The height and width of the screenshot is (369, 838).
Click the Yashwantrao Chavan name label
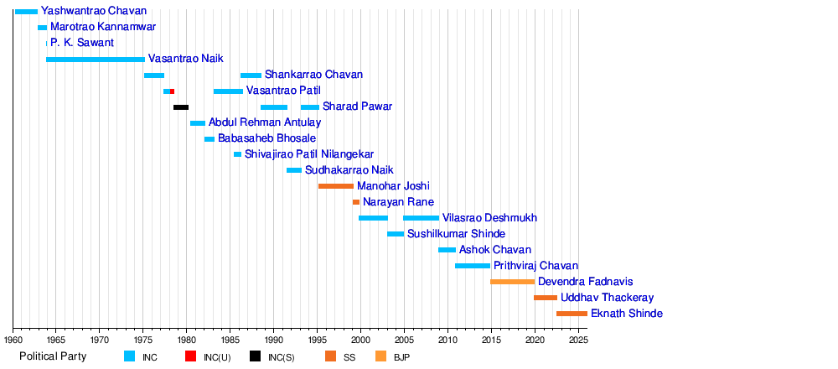(94, 12)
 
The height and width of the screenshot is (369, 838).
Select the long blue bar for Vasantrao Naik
(96, 60)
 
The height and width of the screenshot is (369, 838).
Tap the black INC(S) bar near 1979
(181, 107)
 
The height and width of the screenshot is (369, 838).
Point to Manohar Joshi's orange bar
(336, 186)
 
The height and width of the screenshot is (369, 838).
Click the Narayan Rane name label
(398, 202)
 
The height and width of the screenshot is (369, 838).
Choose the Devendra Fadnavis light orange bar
(512, 282)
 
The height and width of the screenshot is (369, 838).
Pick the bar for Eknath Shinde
(572, 314)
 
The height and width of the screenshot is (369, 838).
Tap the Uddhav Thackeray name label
(608, 298)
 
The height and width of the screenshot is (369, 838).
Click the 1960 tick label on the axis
(13, 340)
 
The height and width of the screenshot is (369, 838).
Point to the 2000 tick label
(361, 340)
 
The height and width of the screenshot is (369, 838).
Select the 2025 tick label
(578, 340)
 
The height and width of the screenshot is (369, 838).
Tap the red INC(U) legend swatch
(191, 356)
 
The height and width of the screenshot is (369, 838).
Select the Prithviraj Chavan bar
(473, 266)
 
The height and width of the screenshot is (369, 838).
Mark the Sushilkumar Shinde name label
(456, 234)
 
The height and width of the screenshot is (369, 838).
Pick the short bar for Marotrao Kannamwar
(43, 28)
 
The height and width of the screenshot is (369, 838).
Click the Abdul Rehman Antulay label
(265, 122)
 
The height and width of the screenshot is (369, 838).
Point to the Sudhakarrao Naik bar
(294, 170)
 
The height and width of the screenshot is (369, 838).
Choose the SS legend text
(349, 357)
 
